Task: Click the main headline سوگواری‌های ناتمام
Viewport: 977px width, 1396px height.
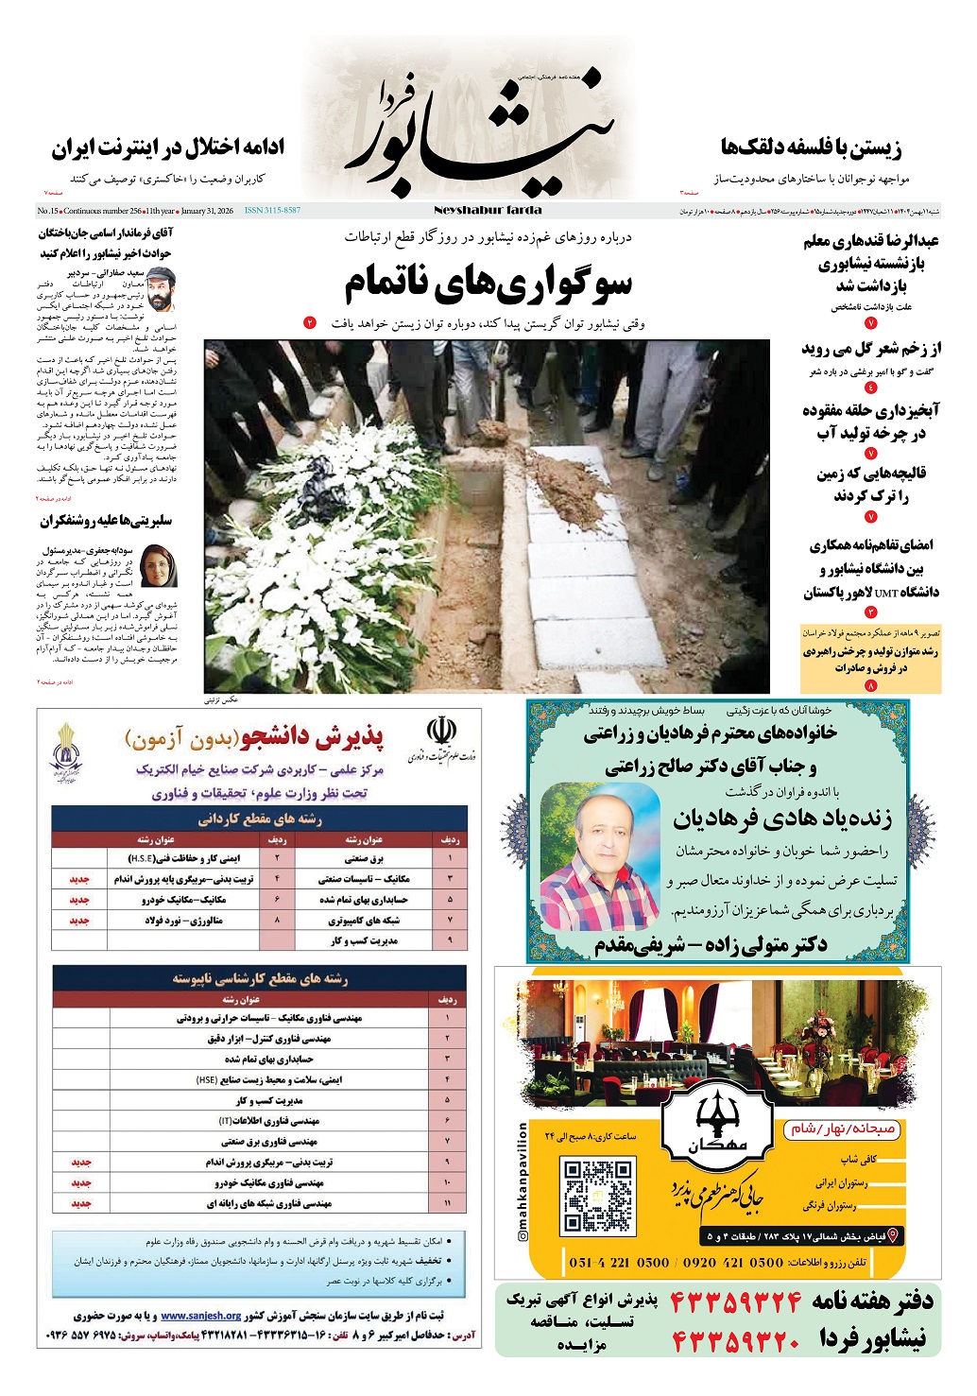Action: [488, 283]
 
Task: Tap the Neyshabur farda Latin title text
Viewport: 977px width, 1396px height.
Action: [488, 210]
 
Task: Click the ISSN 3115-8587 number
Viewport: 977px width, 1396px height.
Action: [272, 211]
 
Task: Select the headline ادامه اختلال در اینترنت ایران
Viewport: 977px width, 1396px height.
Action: [168, 148]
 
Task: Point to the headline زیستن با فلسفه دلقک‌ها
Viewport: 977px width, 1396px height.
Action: [811, 148]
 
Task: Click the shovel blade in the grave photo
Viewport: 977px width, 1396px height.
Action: [492, 432]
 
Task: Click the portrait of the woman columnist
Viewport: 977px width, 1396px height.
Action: [158, 566]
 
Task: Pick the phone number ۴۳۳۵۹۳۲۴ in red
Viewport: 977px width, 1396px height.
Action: [736, 1303]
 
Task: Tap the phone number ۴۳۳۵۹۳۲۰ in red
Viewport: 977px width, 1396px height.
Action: [736, 1340]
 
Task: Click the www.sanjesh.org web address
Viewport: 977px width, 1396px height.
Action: [200, 1316]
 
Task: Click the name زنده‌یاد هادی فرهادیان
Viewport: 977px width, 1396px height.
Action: [782, 819]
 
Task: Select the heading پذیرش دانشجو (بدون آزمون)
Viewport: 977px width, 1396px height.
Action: [253, 737]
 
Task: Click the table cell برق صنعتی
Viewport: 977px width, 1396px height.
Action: [364, 858]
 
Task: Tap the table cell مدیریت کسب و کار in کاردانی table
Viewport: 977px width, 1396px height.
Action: [364, 940]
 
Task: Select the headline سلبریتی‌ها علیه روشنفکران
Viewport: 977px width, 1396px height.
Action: [106, 521]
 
